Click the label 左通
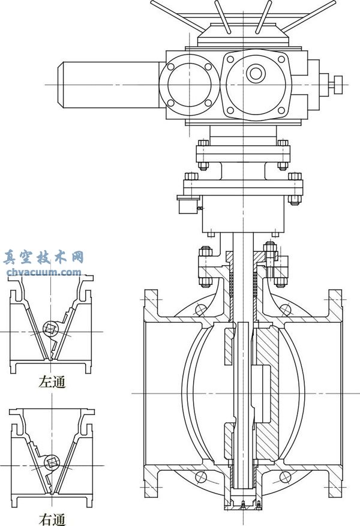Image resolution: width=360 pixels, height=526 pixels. (52, 382)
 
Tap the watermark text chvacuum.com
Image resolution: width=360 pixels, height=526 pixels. (44, 272)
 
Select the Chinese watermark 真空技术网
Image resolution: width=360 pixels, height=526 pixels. (43, 259)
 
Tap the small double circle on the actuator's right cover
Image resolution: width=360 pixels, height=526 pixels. (256, 73)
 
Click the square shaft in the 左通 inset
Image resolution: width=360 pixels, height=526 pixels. (51, 328)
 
